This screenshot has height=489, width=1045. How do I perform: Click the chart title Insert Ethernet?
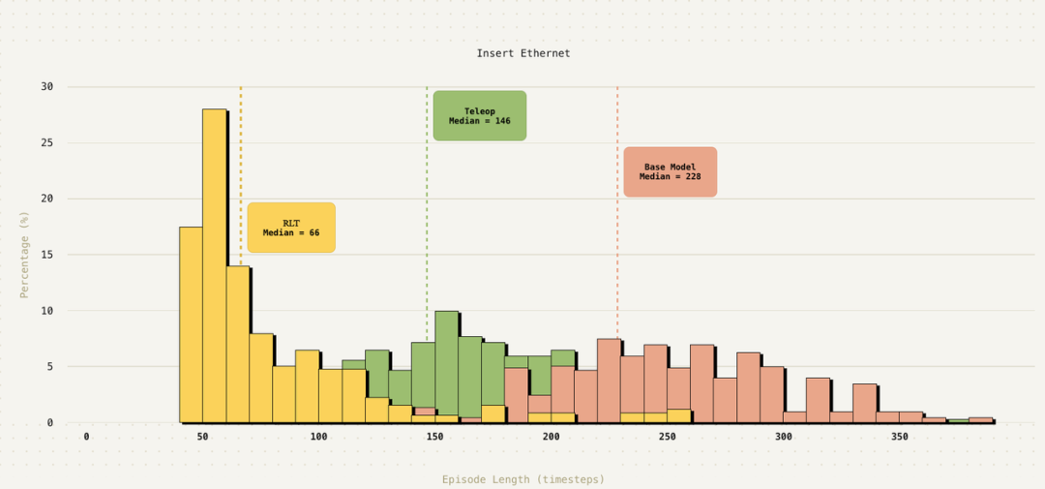coord(523,53)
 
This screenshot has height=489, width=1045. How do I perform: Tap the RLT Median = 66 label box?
coord(291,228)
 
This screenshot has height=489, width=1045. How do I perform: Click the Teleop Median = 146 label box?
coord(479,116)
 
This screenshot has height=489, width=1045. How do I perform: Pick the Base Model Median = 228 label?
coord(670,171)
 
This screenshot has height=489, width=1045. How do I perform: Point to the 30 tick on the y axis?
coord(46,87)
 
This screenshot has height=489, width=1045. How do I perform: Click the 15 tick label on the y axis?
coord(46,255)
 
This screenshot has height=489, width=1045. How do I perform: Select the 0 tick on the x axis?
coord(86,437)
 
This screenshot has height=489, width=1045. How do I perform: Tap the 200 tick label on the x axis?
coord(551,437)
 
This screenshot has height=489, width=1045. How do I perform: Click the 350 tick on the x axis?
coord(899,437)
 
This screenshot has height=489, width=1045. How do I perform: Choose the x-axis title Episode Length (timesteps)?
coord(523,479)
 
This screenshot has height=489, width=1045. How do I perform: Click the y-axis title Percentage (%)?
coord(25,254)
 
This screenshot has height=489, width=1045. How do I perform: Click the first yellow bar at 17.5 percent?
coord(191,324)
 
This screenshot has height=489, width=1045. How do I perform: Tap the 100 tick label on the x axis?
coord(318,437)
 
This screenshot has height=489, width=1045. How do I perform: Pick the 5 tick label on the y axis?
coord(49,367)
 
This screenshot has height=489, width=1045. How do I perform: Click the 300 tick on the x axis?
coord(783,437)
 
